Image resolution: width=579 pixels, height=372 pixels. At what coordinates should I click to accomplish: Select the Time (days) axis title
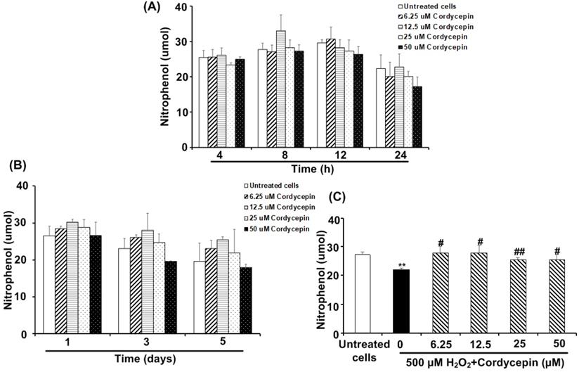pyautogui.click(x=145, y=358)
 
